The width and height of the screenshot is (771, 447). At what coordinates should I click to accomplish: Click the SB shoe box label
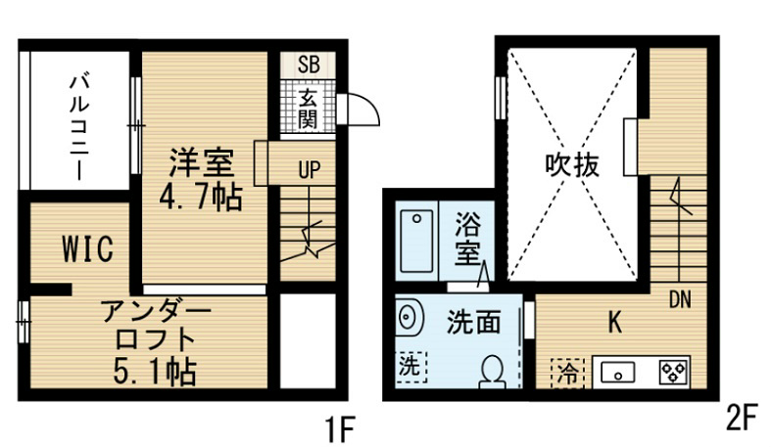pyautogui.click(x=309, y=65)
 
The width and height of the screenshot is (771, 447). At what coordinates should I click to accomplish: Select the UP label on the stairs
pyautogui.click(x=310, y=170)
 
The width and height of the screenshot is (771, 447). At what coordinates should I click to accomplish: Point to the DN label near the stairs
pyautogui.click(x=681, y=299)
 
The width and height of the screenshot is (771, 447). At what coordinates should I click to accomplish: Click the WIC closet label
pyautogui.click(x=88, y=248)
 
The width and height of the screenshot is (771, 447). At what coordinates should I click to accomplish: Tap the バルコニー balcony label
pyautogui.click(x=79, y=127)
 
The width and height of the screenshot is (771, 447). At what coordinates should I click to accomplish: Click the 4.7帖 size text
pyautogui.click(x=201, y=197)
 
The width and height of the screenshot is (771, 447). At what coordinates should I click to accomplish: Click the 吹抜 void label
pyautogui.click(x=572, y=165)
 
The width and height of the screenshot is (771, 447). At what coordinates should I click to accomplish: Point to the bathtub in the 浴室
pyautogui.click(x=417, y=241)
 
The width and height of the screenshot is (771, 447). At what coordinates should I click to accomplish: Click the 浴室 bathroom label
pyautogui.click(x=467, y=238)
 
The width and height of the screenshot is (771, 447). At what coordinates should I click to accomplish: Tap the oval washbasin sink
pyautogui.click(x=410, y=317)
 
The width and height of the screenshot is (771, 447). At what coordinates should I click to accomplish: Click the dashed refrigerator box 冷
pyautogui.click(x=568, y=374)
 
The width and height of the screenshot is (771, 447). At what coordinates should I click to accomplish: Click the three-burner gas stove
pyautogui.click(x=674, y=373)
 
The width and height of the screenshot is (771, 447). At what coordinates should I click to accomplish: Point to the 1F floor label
pyautogui.click(x=340, y=429)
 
